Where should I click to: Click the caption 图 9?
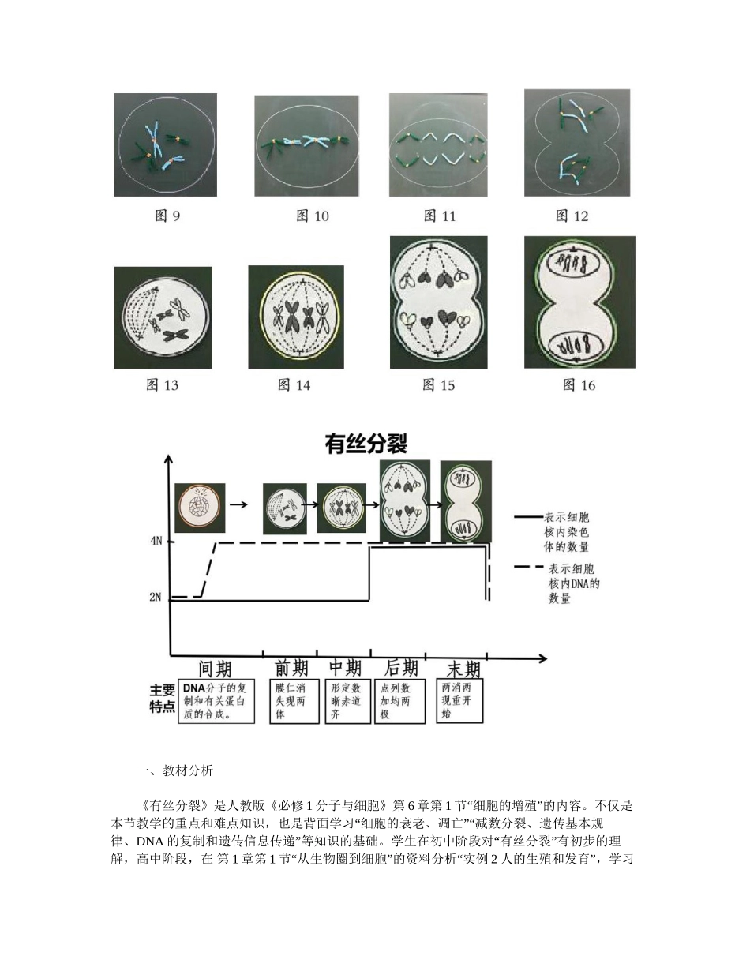pos(166,216)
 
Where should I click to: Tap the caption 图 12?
pos(572,216)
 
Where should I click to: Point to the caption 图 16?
pos(579,384)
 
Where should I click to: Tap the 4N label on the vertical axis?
pos(156,542)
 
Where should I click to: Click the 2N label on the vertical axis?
pos(156,598)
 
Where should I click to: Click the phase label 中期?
pos(344,668)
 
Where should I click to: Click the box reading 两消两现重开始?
pos(459,700)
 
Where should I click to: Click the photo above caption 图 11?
pos(438,144)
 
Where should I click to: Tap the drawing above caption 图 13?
pos(163,317)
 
